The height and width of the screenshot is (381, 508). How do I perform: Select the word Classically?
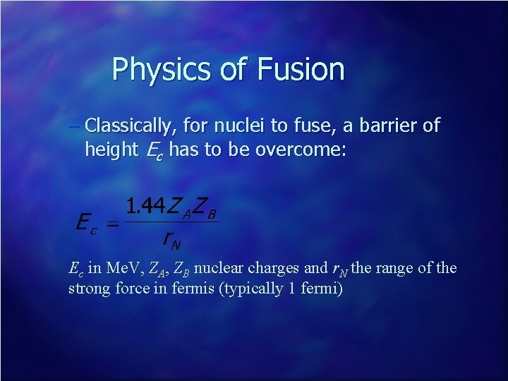[129, 127]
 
